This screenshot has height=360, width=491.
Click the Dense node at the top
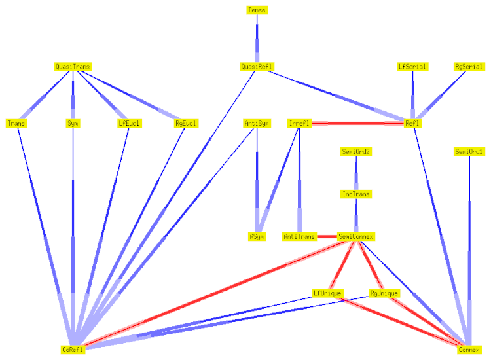pyautogui.click(x=257, y=10)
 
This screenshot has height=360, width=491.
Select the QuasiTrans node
pyautogui.click(x=73, y=67)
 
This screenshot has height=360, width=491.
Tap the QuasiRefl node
pyautogui.click(x=257, y=67)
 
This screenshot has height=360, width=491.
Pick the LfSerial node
pyautogui.click(x=412, y=67)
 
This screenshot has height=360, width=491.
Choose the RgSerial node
pyautogui.click(x=469, y=67)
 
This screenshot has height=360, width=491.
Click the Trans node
pyautogui.click(x=16, y=123)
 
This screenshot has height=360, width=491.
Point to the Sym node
pyautogui.click(x=73, y=123)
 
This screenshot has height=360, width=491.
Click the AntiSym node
pyautogui.click(x=257, y=123)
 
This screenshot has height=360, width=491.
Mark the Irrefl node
pyautogui.click(x=299, y=123)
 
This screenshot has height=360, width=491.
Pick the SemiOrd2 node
pyautogui.click(x=356, y=152)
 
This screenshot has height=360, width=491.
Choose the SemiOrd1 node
pyautogui.click(x=469, y=152)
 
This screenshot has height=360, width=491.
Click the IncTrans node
pyautogui.click(x=356, y=194)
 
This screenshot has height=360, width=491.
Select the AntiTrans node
pyautogui.click(x=299, y=236)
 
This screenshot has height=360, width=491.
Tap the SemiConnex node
pyautogui.click(x=356, y=236)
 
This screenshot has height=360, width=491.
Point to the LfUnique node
pyautogui.click(x=327, y=293)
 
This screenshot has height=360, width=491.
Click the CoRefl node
pyautogui.click(x=73, y=350)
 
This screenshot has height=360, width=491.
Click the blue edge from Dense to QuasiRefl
pyautogui.click(x=257, y=39)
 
